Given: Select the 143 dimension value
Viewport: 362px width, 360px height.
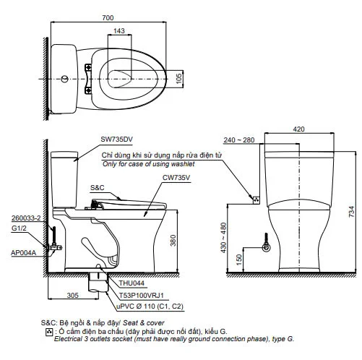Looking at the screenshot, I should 119,31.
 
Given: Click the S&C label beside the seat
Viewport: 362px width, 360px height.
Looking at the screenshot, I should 98,188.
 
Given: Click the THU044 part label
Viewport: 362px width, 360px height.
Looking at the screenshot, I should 122,284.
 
